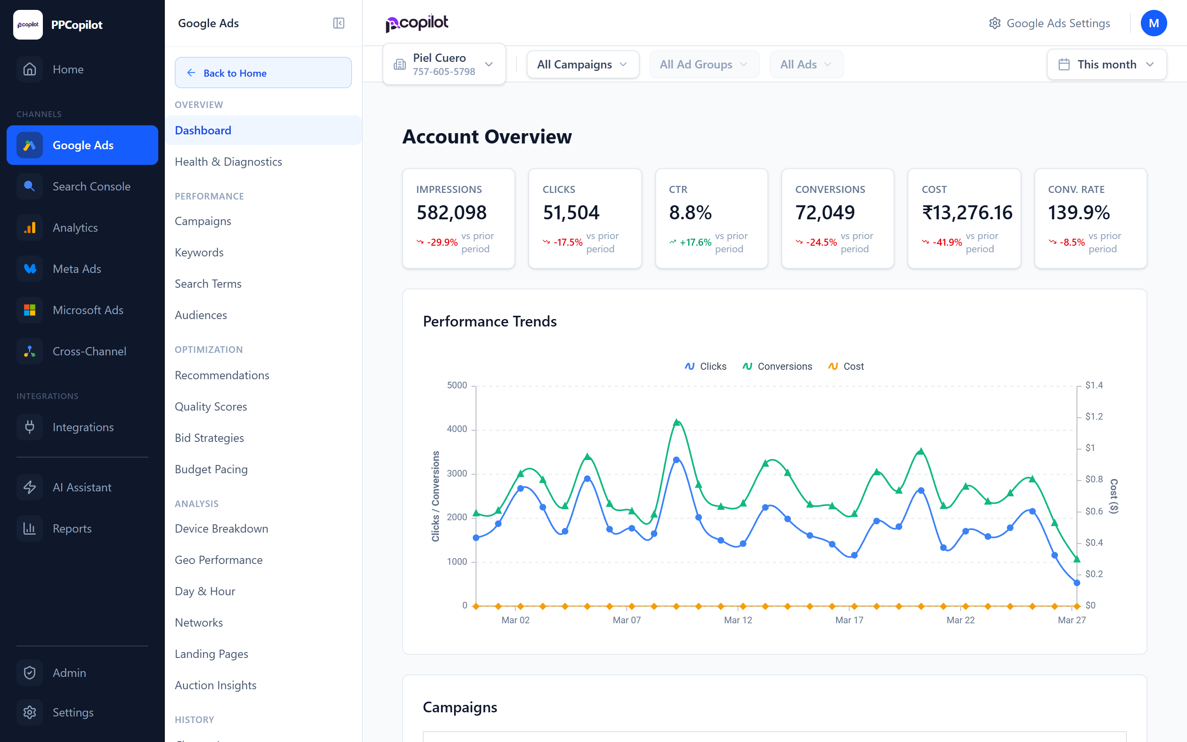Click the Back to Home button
click(x=263, y=73)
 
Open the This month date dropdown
click(x=1106, y=64)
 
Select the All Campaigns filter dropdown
click(x=582, y=64)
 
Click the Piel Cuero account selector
click(x=443, y=64)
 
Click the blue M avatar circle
click(x=1153, y=23)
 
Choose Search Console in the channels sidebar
click(x=91, y=186)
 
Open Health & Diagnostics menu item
click(x=228, y=162)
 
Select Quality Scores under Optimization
click(x=211, y=406)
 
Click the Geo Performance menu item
click(x=218, y=560)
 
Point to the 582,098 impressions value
click(x=451, y=212)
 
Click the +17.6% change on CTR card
click(x=695, y=242)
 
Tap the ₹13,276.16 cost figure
click(x=967, y=212)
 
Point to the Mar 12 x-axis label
click(x=738, y=620)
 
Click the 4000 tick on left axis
click(x=457, y=430)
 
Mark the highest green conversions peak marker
click(x=676, y=423)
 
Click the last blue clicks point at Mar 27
click(x=1077, y=583)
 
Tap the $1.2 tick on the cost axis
click(x=1093, y=417)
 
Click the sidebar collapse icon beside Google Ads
click(x=338, y=23)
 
